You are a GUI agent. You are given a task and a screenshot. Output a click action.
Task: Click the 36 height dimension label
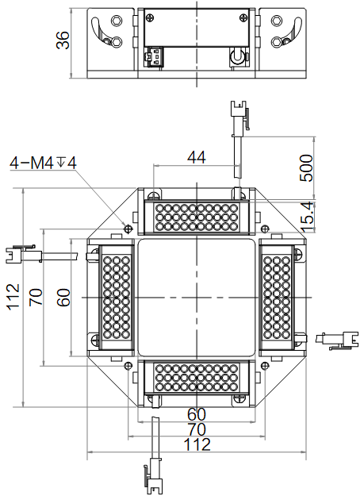pyautogui.click(x=63, y=40)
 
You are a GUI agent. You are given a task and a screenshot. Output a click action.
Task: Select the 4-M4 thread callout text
pyautogui.click(x=43, y=163)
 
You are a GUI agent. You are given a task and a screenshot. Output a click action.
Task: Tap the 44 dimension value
pyautogui.click(x=197, y=157)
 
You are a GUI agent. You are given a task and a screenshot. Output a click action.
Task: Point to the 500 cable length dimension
pyautogui.click(x=306, y=167)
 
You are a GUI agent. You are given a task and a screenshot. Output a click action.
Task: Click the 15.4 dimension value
pyautogui.click(x=307, y=217)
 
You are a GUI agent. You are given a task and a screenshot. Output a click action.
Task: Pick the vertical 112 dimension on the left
pyautogui.click(x=13, y=297)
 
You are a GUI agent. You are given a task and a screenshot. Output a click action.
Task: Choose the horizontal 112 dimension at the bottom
pyautogui.click(x=197, y=444)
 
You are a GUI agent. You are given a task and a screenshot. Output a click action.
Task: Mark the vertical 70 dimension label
pyautogui.click(x=36, y=297)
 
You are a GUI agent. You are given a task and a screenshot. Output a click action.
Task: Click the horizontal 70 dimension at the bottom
pyautogui.click(x=197, y=429)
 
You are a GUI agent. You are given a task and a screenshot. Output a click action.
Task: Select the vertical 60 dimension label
pyautogui.click(x=63, y=298)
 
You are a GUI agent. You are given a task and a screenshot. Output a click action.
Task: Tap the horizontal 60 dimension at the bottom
pyautogui.click(x=197, y=414)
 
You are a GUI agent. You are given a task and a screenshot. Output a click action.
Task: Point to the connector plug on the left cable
pyautogui.click(x=24, y=254)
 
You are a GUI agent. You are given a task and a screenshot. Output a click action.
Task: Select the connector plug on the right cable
pyautogui.click(x=337, y=340)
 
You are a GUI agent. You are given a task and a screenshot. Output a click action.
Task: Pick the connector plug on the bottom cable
pyautogui.click(x=153, y=475)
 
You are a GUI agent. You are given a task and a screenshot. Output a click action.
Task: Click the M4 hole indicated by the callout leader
pyautogui.click(x=128, y=228)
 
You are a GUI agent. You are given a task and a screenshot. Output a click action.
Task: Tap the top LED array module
pyautogui.click(x=197, y=217)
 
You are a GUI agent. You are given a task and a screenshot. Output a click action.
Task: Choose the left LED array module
pyautogui.click(x=116, y=298)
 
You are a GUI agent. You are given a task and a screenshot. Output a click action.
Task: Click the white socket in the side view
pyautogui.click(x=154, y=56)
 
